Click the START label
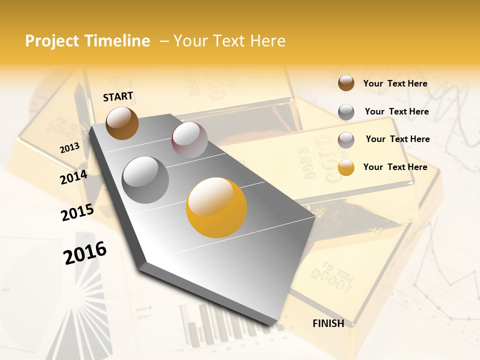coord(118,96)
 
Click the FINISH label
coord(328,323)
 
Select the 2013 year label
coord(70,148)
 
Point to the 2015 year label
coord(77,212)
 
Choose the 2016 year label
coord(85,252)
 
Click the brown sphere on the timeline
coord(122,123)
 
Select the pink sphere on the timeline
coord(189,140)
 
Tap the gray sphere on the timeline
coord(145,180)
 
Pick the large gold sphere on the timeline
coord(217,207)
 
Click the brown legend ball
coord(346,83)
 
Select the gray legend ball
coord(346,111)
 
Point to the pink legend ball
coord(346,139)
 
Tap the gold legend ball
coord(346,167)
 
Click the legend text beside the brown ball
coord(395,83)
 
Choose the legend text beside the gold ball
coord(395,167)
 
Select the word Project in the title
coord(52,41)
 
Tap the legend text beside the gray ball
coord(396,111)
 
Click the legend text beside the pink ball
coord(397,139)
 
